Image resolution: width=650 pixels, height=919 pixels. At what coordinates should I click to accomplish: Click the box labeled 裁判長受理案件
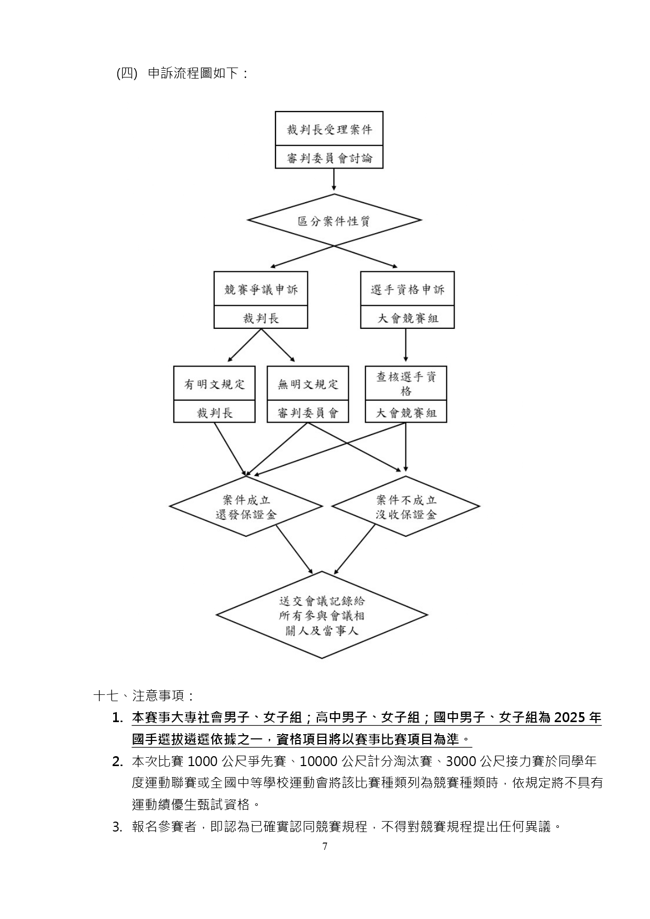tap(329, 129)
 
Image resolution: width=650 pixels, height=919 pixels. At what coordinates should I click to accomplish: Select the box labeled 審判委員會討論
tap(329, 158)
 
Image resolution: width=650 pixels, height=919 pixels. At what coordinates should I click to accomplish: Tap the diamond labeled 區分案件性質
tap(334, 220)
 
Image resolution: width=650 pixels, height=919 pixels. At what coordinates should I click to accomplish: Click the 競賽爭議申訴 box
tap(261, 289)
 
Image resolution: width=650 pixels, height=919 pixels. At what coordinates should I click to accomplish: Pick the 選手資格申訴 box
tap(407, 289)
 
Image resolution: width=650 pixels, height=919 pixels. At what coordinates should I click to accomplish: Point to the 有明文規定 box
tap(214, 384)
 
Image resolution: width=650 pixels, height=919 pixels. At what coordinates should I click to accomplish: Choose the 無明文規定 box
tap(307, 384)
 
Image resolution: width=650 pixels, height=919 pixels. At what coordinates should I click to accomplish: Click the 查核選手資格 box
tap(406, 384)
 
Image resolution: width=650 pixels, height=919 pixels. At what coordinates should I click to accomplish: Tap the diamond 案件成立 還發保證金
tap(246, 506)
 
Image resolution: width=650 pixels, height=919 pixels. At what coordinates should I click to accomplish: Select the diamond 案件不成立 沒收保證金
tap(406, 506)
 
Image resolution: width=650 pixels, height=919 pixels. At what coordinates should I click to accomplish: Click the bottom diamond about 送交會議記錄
tap(322, 615)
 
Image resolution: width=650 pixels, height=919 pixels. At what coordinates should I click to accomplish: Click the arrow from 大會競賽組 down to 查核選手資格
tap(406, 345)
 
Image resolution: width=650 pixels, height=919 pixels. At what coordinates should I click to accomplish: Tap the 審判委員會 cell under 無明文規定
tap(307, 412)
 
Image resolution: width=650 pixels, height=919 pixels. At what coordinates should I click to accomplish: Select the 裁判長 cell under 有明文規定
tap(214, 412)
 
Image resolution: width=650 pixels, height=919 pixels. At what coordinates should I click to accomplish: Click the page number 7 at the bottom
tap(325, 846)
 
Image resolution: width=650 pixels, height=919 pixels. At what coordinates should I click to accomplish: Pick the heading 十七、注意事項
tap(144, 696)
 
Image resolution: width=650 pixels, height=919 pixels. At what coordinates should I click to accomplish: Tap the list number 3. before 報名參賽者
tap(117, 827)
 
